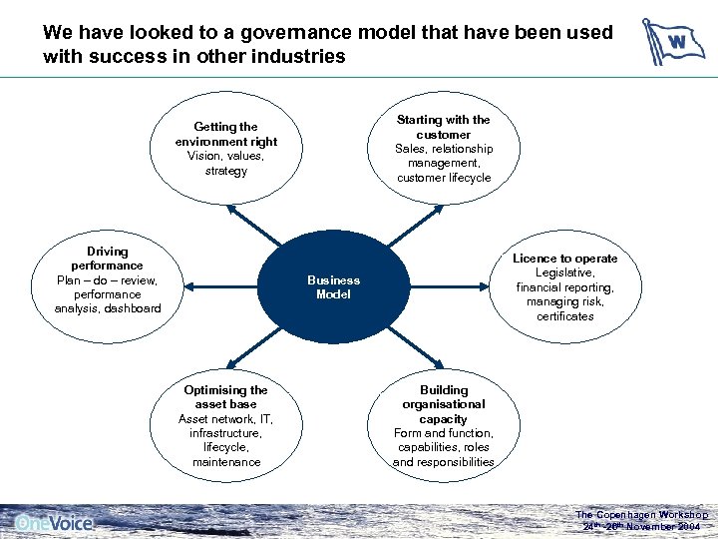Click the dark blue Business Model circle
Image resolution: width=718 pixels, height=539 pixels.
pyautogui.click(x=333, y=287)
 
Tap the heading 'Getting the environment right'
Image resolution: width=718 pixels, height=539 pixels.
pyautogui.click(x=226, y=134)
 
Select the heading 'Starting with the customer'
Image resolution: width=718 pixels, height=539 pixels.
pyautogui.click(x=444, y=127)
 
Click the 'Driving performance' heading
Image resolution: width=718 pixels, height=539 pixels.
pyautogui.click(x=108, y=259)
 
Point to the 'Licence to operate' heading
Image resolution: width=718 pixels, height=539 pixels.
pyautogui.click(x=564, y=259)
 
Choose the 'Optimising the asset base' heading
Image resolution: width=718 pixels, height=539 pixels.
pyautogui.click(x=226, y=396)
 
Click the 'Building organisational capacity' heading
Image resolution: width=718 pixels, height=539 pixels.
pyautogui.click(x=444, y=404)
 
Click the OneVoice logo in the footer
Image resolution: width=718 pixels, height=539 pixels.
pyautogui.click(x=54, y=522)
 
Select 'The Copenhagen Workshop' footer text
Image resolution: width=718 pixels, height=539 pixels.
pyautogui.click(x=641, y=515)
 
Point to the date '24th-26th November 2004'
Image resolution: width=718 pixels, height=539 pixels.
pyautogui.click(x=641, y=526)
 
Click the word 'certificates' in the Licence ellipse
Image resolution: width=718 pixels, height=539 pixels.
pyautogui.click(x=564, y=316)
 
